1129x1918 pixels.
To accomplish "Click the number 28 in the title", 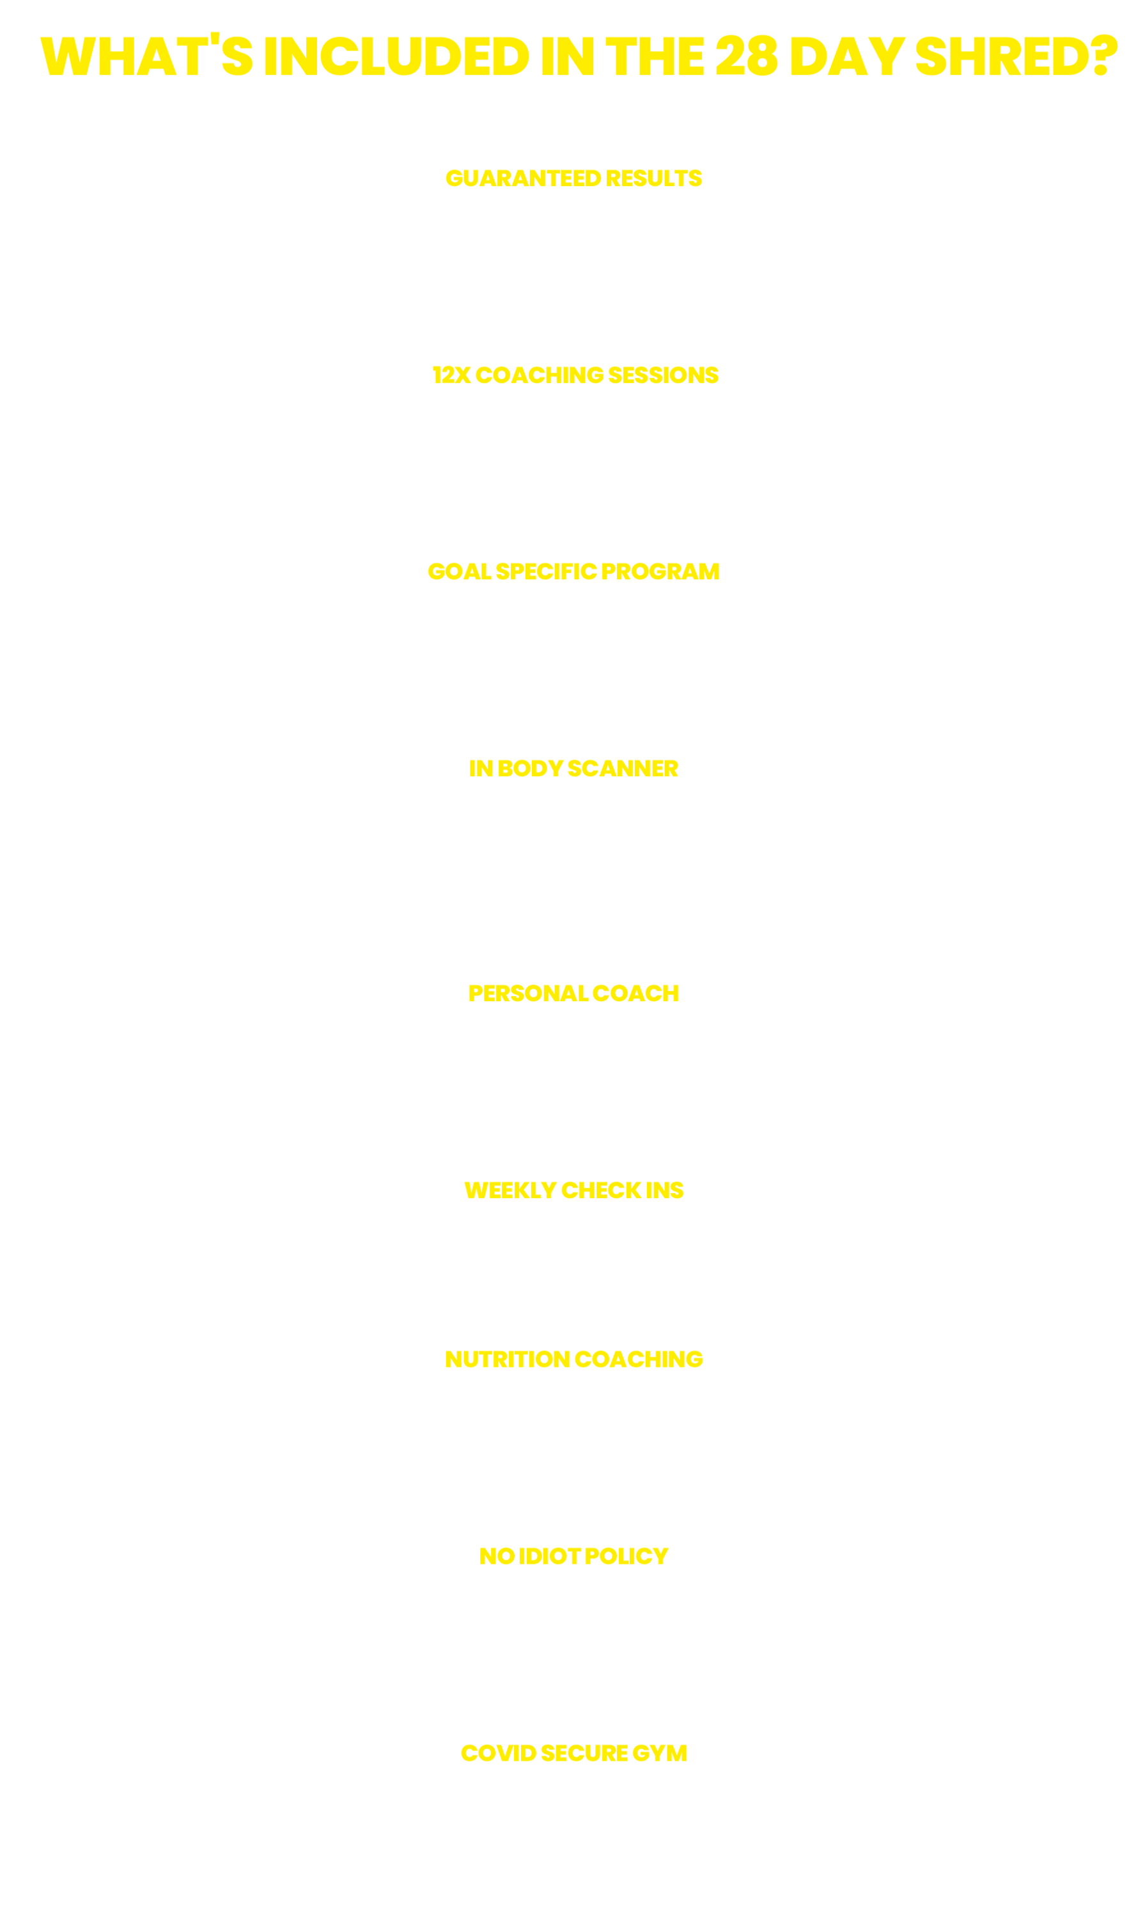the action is point(746,56).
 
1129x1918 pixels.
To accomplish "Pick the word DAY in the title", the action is point(847,56).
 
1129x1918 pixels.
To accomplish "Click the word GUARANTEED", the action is point(523,178).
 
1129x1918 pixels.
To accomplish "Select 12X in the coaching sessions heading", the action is point(451,375).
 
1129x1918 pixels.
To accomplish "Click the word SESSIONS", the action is point(663,375).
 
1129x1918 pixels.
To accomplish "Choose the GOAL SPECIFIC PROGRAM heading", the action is point(573,572).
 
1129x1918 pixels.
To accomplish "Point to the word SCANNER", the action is point(623,768).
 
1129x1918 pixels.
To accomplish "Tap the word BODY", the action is point(530,768).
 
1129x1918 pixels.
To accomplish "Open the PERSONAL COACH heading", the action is point(573,994).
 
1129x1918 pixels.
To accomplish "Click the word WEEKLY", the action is point(510,1190).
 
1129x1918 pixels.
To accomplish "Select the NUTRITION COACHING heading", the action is point(573,1359).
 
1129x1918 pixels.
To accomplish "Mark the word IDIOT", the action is point(550,1557).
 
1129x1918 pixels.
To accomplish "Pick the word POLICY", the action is point(627,1557).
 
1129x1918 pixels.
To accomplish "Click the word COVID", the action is point(499,1753).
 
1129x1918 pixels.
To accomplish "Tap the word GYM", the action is point(659,1753).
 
